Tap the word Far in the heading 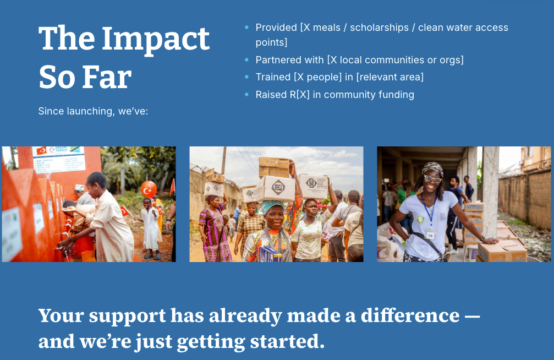(107, 78)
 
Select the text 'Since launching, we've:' (94, 111)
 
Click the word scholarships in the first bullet (379, 28)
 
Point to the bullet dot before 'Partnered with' (246, 60)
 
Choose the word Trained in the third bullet (273, 77)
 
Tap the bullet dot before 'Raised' (246, 95)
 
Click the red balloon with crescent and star (149, 189)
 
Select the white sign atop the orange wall (59, 159)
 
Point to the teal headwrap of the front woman (272, 206)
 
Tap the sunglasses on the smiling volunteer (432, 179)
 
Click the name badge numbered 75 (430, 234)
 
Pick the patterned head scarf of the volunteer (433, 168)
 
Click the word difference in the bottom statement (410, 315)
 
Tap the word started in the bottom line (287, 342)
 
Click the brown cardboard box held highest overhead (274, 168)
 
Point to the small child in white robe (151, 228)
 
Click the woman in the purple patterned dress (213, 228)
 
